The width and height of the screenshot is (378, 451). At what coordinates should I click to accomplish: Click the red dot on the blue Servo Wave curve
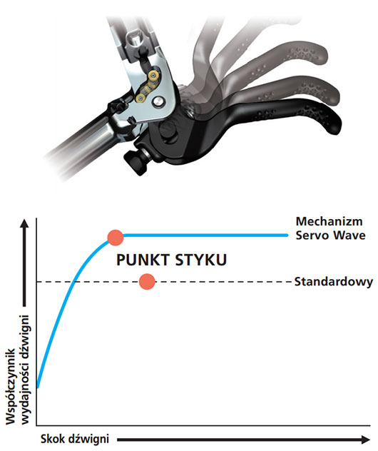116,238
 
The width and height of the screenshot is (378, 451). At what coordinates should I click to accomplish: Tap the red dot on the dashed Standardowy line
147,282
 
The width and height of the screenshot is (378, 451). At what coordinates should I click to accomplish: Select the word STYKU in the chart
201,260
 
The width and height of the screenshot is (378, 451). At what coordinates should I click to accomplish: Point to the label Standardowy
334,282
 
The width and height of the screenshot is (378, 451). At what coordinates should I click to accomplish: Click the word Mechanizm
329,221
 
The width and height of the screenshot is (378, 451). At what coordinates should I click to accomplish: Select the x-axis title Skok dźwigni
75,439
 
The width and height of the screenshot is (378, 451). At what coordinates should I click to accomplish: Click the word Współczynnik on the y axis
11,386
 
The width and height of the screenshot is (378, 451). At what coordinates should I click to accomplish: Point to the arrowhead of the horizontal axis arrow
365,440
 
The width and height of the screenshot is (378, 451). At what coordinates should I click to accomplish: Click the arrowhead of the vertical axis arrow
24,223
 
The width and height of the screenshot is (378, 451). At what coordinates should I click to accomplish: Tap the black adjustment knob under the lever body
136,163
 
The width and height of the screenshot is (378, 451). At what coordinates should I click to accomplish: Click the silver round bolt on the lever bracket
158,101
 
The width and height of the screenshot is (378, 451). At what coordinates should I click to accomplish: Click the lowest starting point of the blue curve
38,388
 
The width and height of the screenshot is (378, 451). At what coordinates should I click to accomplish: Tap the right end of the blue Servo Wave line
287,235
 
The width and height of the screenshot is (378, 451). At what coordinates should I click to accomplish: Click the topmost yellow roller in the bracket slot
153,76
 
